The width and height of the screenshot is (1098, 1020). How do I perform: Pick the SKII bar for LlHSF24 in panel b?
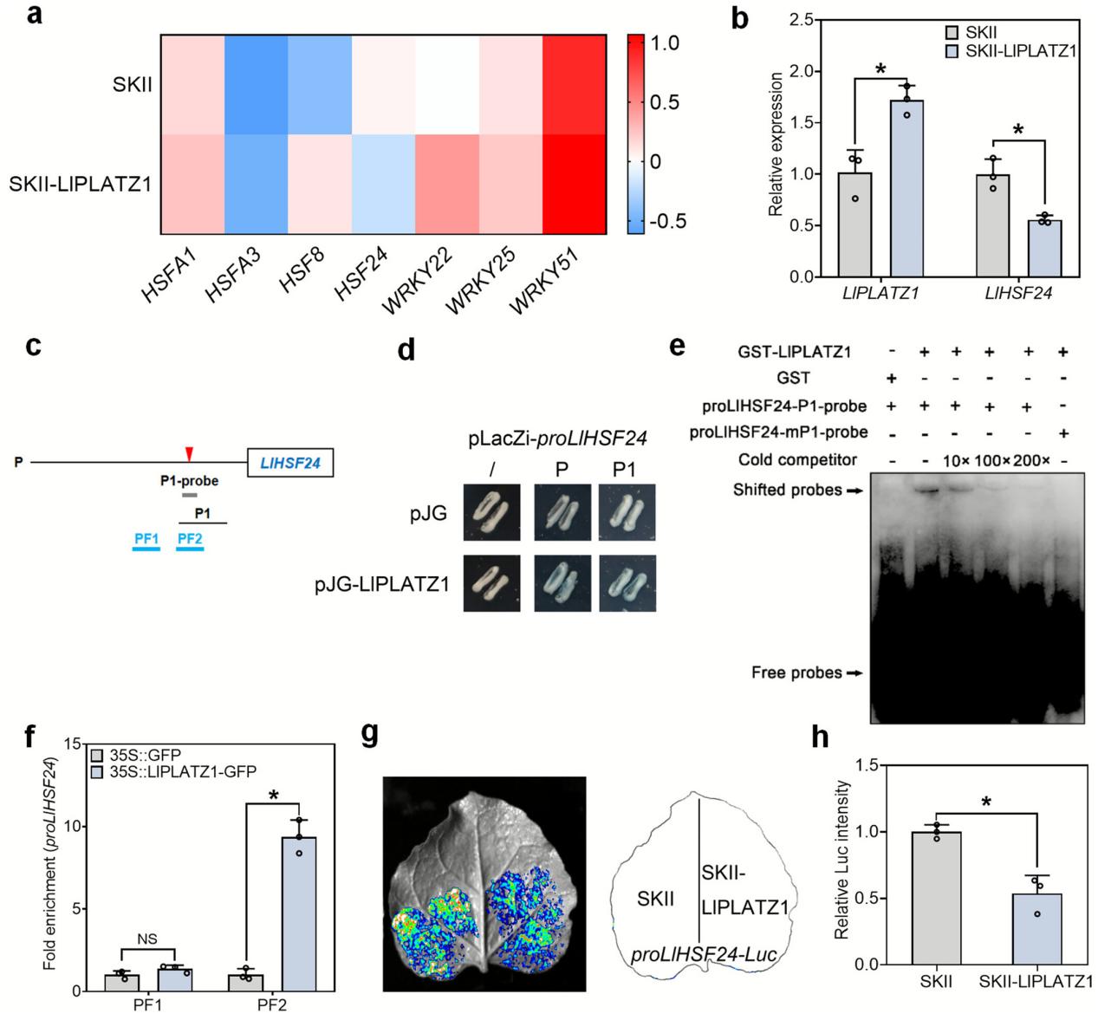pyautogui.click(x=993, y=226)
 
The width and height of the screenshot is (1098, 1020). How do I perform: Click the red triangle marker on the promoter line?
pyautogui.click(x=189, y=453)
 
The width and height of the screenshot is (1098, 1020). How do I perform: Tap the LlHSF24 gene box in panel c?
pyautogui.click(x=290, y=464)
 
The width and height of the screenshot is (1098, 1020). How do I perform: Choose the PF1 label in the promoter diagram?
pyautogui.click(x=146, y=539)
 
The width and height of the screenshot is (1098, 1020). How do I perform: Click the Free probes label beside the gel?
pyautogui.click(x=796, y=672)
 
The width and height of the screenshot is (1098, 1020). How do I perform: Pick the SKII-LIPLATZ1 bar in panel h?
pyautogui.click(x=1036, y=929)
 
